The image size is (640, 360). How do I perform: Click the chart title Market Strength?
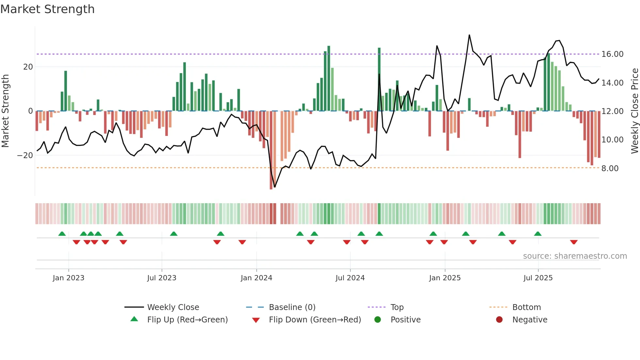coord(47,9)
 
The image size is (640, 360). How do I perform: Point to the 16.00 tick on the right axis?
coord(612,54)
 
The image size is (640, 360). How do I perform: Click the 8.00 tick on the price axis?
coord(610,168)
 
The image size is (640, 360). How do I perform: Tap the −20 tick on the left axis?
coord(25,155)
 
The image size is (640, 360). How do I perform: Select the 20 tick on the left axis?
coord(28,67)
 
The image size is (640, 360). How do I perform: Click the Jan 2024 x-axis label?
coord(256,278)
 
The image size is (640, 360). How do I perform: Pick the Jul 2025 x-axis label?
coord(538,278)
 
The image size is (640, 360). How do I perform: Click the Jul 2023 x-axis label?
coord(162,278)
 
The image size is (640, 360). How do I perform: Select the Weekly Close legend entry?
coord(173,307)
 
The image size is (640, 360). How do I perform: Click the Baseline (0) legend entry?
coord(292,307)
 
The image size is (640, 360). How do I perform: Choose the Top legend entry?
coord(397,307)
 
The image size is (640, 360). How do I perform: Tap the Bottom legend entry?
coord(526,307)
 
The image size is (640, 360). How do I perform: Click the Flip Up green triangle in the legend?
coord(134,319)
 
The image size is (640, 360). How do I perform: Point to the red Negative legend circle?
coord(499,319)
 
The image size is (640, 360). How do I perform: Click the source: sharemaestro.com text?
coord(575,256)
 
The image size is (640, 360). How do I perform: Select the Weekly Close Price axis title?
coord(634,111)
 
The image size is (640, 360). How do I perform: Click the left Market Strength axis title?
coord(5,111)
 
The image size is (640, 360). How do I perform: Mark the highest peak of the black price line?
coord(469,35)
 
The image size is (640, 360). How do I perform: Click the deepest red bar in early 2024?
coord(271,150)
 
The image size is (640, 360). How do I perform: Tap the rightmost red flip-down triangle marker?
coord(574,242)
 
